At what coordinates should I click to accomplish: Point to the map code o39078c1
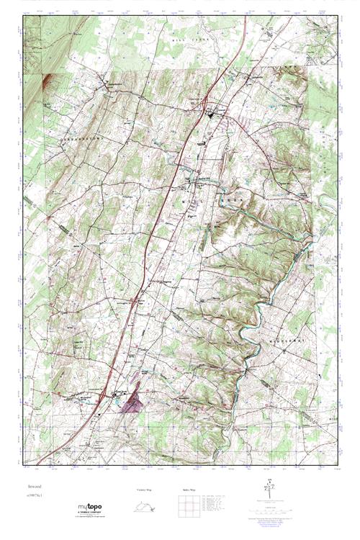tap(33, 495)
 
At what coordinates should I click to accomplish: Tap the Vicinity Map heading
tap(145, 489)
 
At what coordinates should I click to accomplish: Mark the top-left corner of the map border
tap(22, 16)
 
